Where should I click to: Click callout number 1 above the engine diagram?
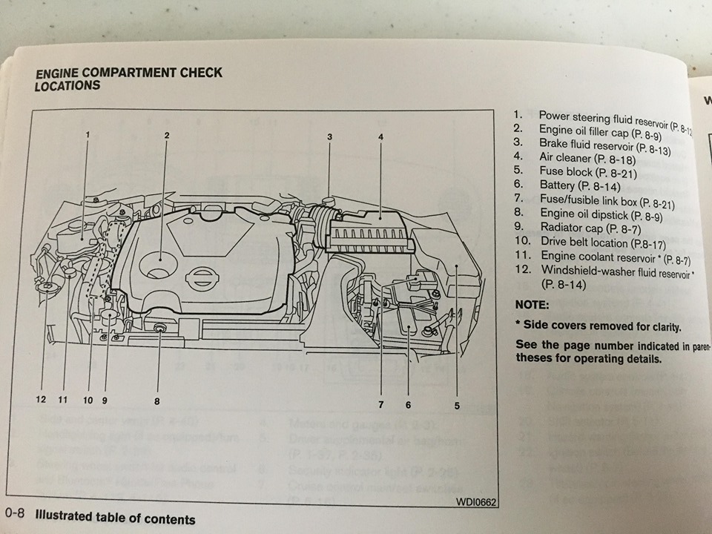pyautogui.click(x=88, y=134)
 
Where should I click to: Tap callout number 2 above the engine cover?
pyautogui.click(x=167, y=135)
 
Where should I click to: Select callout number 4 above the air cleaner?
pyautogui.click(x=380, y=136)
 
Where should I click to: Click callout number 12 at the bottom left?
pyautogui.click(x=41, y=400)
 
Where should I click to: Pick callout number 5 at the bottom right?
pyautogui.click(x=457, y=406)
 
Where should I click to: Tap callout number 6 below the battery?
pyautogui.click(x=408, y=405)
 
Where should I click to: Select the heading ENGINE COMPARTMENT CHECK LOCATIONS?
pyautogui.click(x=128, y=79)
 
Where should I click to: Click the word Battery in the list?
pyautogui.click(x=558, y=185)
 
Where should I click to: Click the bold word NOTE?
pyautogui.click(x=531, y=305)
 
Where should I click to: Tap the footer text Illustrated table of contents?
pyautogui.click(x=116, y=518)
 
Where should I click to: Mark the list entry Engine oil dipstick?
pyautogui.click(x=589, y=214)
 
